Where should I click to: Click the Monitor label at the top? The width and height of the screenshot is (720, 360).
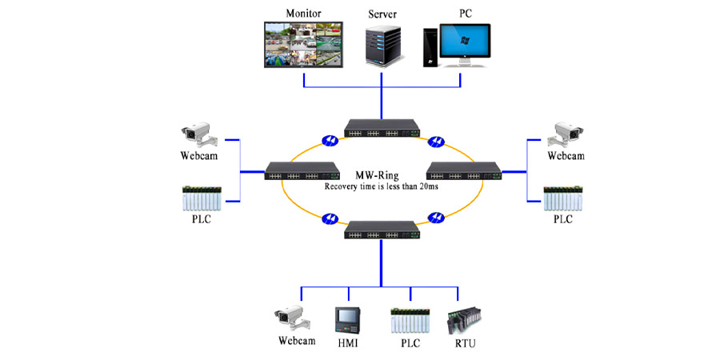click(x=303, y=13)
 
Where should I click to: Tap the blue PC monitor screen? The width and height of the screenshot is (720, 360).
click(x=465, y=41)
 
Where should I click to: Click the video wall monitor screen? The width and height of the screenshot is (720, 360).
click(x=303, y=45)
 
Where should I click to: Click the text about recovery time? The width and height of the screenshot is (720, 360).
click(x=381, y=187)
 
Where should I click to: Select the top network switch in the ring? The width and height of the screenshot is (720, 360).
click(x=382, y=128)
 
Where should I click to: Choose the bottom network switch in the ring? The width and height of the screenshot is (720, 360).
click(x=382, y=230)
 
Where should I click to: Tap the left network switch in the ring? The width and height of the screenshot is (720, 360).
click(x=302, y=171)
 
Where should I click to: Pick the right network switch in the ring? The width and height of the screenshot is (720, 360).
click(x=464, y=171)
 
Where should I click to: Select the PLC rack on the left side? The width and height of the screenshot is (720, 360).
click(x=202, y=198)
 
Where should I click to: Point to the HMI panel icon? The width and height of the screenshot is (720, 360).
click(x=346, y=319)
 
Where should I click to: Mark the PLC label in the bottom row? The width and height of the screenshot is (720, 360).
click(x=410, y=342)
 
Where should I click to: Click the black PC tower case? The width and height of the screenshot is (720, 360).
click(x=430, y=48)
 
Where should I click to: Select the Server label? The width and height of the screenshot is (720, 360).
click(x=382, y=14)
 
